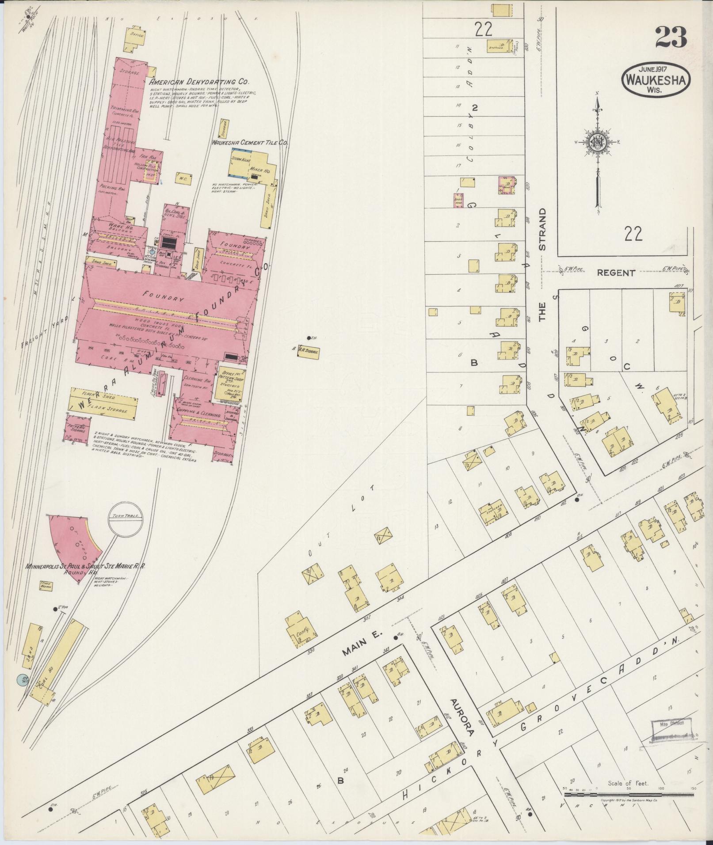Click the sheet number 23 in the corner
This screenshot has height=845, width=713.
tap(671, 38)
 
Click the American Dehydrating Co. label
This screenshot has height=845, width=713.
tap(199, 82)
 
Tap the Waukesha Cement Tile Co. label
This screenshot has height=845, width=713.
tap(250, 143)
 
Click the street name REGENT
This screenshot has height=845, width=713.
tap(615, 273)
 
